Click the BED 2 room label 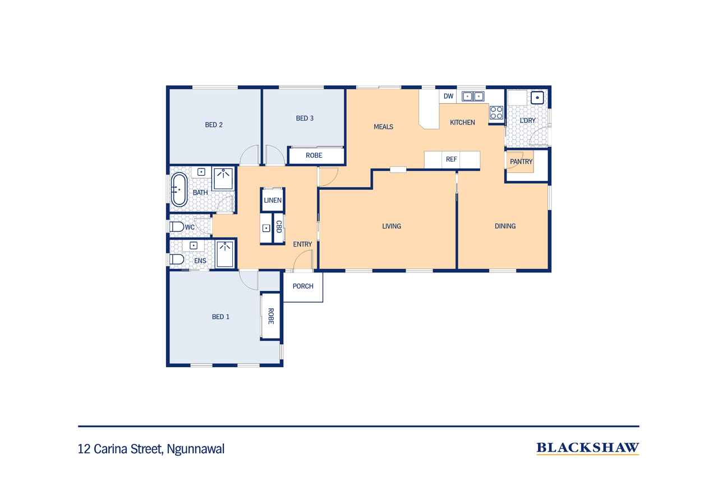(x=214, y=125)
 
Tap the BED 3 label (x=305, y=118)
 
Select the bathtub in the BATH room (x=179, y=190)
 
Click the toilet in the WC (x=176, y=227)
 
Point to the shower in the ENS (x=225, y=254)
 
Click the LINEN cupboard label (x=273, y=200)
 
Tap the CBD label (x=279, y=226)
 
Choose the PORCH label (x=303, y=286)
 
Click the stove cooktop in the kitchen (x=496, y=113)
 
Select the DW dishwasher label (x=448, y=96)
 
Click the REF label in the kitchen (x=452, y=159)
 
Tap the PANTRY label (x=521, y=162)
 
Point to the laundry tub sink (x=537, y=98)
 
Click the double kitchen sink (x=473, y=96)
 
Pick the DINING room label (x=505, y=226)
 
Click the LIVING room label (x=392, y=226)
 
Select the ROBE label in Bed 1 (x=271, y=316)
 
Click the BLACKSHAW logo (x=587, y=448)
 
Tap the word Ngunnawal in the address (x=196, y=449)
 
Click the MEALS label (x=383, y=127)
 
